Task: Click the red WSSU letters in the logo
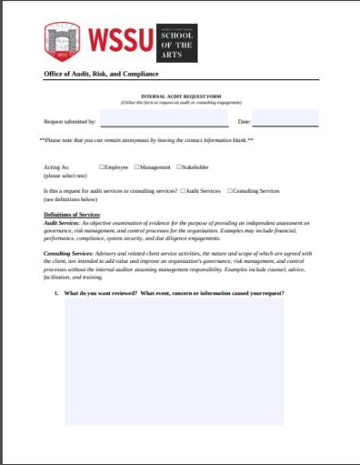[x=120, y=39]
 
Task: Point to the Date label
[x=245, y=121]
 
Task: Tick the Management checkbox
[x=137, y=167]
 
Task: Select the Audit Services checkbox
[x=182, y=190]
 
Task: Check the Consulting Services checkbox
[x=229, y=190]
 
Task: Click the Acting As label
[x=56, y=167]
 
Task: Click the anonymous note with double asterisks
[x=147, y=140]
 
